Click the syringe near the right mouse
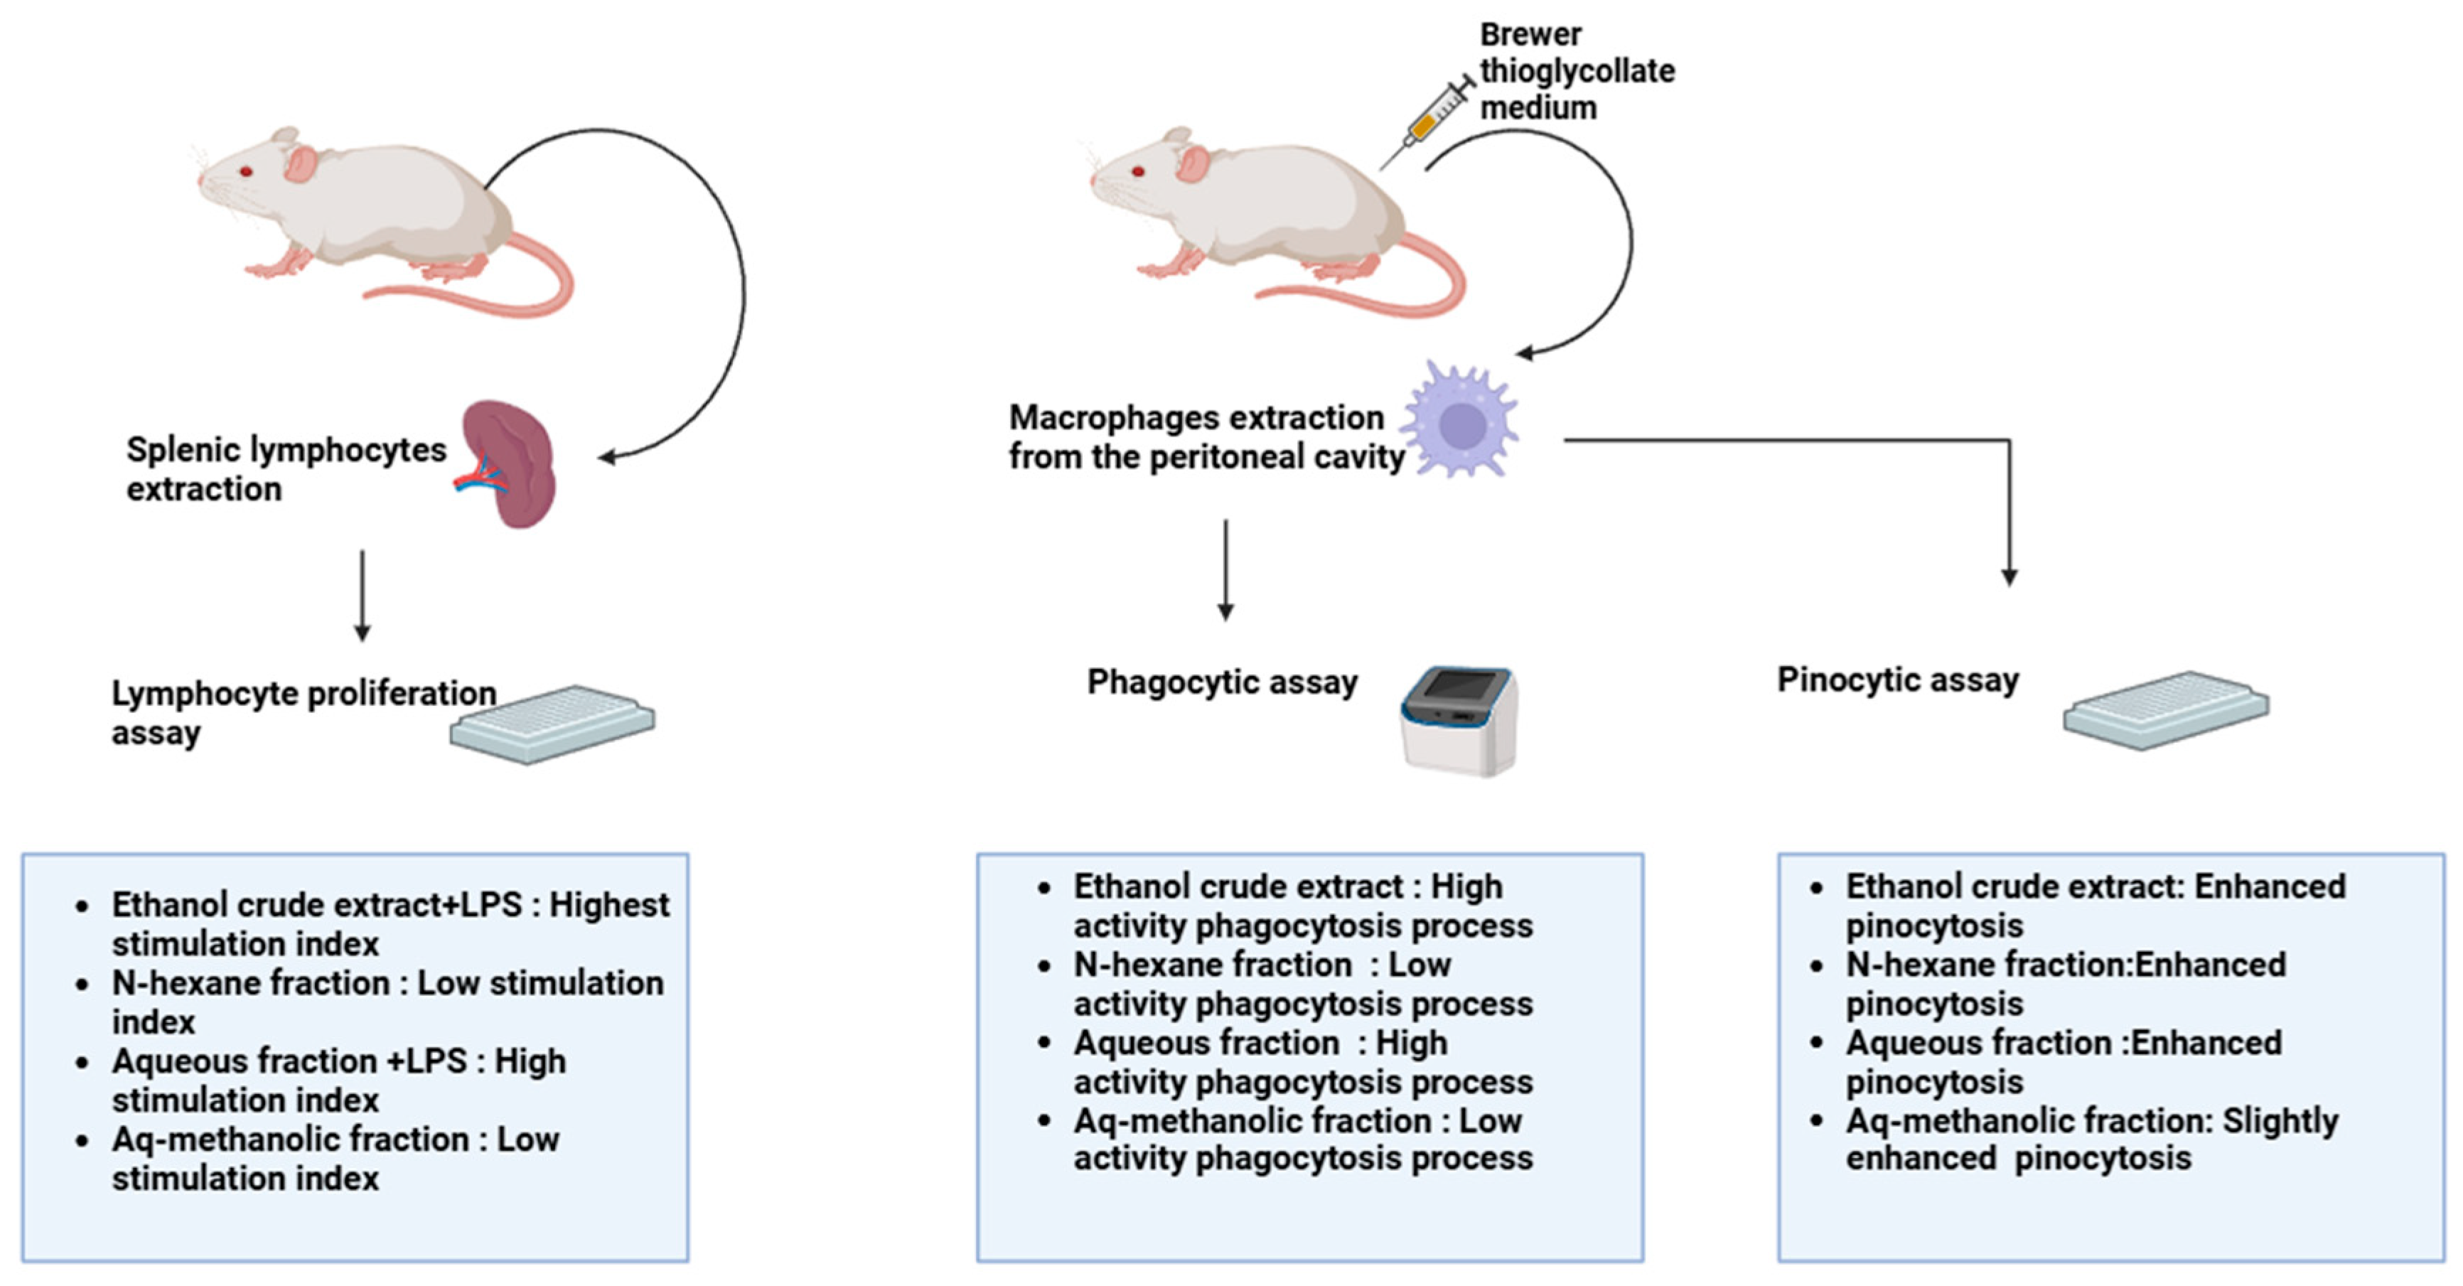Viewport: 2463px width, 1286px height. (1427, 124)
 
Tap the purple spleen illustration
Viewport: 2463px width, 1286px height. (508, 464)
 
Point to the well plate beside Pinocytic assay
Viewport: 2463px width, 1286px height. (2166, 709)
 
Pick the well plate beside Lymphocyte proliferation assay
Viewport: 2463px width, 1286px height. (552, 724)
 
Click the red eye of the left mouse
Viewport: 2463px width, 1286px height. (246, 171)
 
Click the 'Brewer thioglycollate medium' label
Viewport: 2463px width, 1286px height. (1577, 71)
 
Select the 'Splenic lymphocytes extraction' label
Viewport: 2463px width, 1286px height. (286, 468)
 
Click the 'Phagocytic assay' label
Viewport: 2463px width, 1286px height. (1222, 682)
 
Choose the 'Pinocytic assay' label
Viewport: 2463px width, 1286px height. (1898, 680)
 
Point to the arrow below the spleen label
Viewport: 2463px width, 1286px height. (361, 595)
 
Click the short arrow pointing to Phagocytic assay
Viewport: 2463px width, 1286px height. (1225, 570)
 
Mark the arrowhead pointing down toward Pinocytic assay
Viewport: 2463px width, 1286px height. (2009, 577)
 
